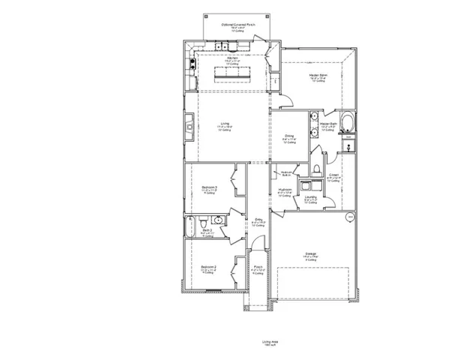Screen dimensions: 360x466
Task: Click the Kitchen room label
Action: point(232,60)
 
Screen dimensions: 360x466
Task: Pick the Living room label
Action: point(225,126)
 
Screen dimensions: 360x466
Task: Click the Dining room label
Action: point(288,137)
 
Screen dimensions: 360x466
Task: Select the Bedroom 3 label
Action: point(209,187)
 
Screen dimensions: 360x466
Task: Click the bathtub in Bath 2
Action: point(191,225)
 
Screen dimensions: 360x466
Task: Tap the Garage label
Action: point(309,254)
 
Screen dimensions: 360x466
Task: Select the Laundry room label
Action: point(310,199)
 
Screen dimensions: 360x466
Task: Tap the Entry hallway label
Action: point(258,221)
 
